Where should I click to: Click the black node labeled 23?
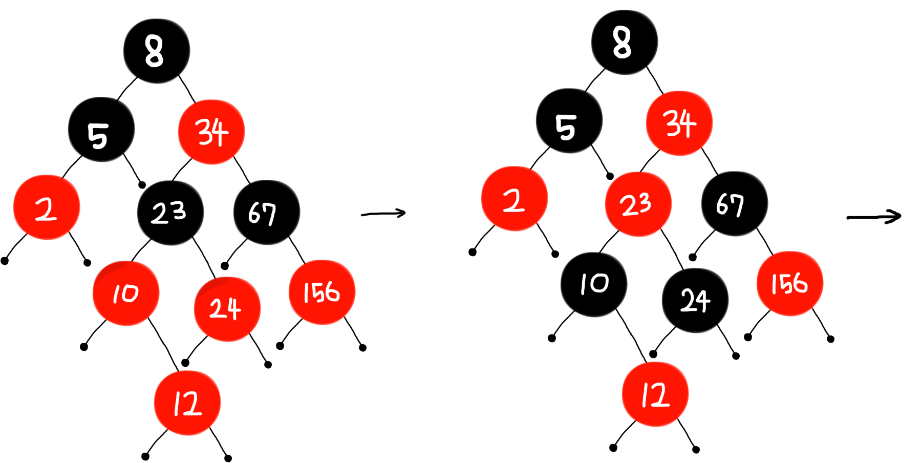tap(170, 212)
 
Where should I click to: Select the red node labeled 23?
tap(638, 204)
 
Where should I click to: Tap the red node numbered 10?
tap(126, 293)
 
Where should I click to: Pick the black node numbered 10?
tap(594, 284)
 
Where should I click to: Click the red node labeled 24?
tap(227, 309)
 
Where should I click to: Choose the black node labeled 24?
tap(695, 300)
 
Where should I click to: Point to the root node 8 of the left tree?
tap(156, 51)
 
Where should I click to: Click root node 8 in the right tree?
tap(624, 42)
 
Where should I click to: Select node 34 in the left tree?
tap(211, 132)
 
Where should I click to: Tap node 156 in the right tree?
tap(789, 283)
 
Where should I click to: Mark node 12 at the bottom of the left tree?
tap(187, 403)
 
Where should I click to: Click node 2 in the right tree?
tap(514, 199)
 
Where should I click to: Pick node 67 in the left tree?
tap(266, 212)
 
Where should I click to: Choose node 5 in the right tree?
tap(569, 121)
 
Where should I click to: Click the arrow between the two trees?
tap(383, 214)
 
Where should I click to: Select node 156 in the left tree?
tap(322, 292)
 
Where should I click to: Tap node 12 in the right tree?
tap(655, 394)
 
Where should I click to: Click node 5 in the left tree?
tap(101, 130)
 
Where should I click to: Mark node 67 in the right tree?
tap(734, 203)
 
